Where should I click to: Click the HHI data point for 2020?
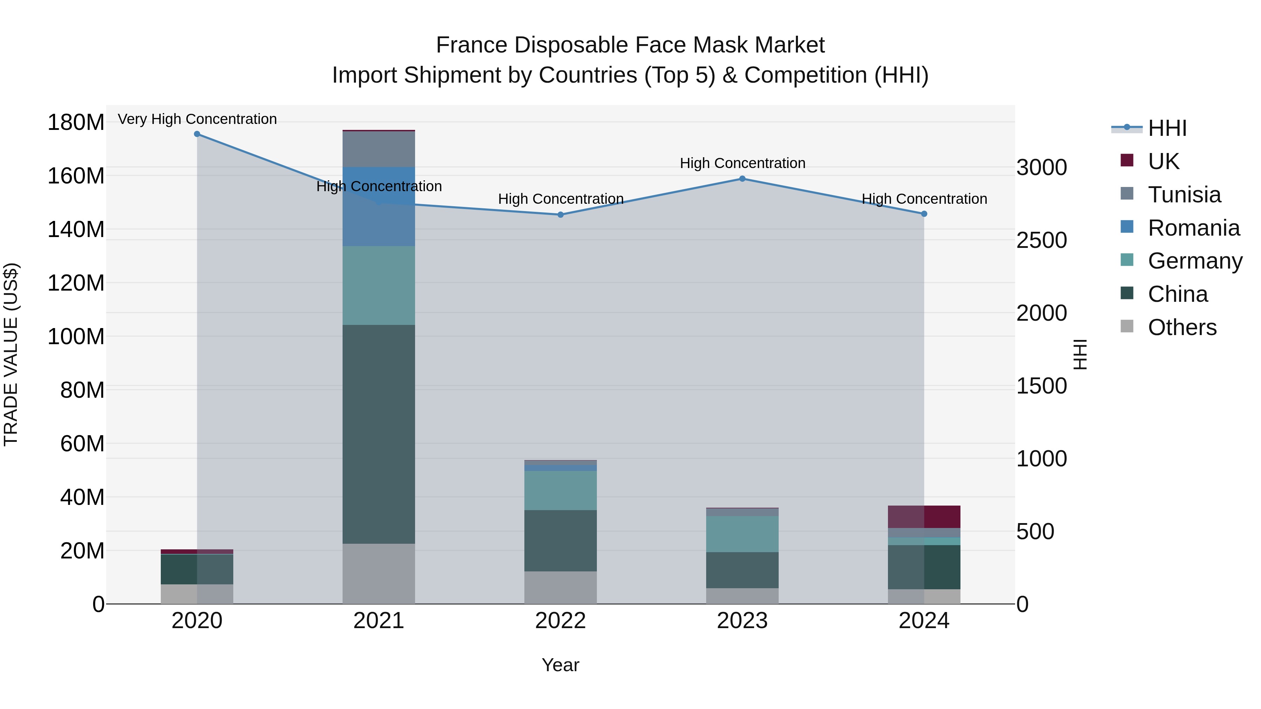(x=197, y=134)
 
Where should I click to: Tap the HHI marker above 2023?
(x=742, y=179)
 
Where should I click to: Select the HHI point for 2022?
(x=560, y=215)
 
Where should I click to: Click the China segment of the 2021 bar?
(x=378, y=434)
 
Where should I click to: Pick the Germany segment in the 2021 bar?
(x=378, y=285)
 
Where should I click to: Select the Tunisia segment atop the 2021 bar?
(x=378, y=149)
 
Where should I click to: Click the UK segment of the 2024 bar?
(x=924, y=517)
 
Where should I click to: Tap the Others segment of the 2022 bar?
(x=560, y=587)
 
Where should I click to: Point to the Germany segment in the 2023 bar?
(x=742, y=534)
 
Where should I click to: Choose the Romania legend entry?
(x=1193, y=228)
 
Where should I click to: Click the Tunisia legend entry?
(x=1184, y=195)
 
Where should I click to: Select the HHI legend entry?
(x=1166, y=128)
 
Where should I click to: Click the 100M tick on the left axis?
(x=76, y=336)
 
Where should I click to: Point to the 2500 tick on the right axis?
(x=1041, y=240)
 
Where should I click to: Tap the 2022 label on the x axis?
(x=560, y=621)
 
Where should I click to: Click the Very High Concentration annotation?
(x=197, y=119)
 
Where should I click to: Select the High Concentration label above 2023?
(x=742, y=164)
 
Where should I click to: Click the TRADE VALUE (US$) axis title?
(x=11, y=354)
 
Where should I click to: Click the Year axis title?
(x=560, y=665)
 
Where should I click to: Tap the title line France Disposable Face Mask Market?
(x=630, y=45)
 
